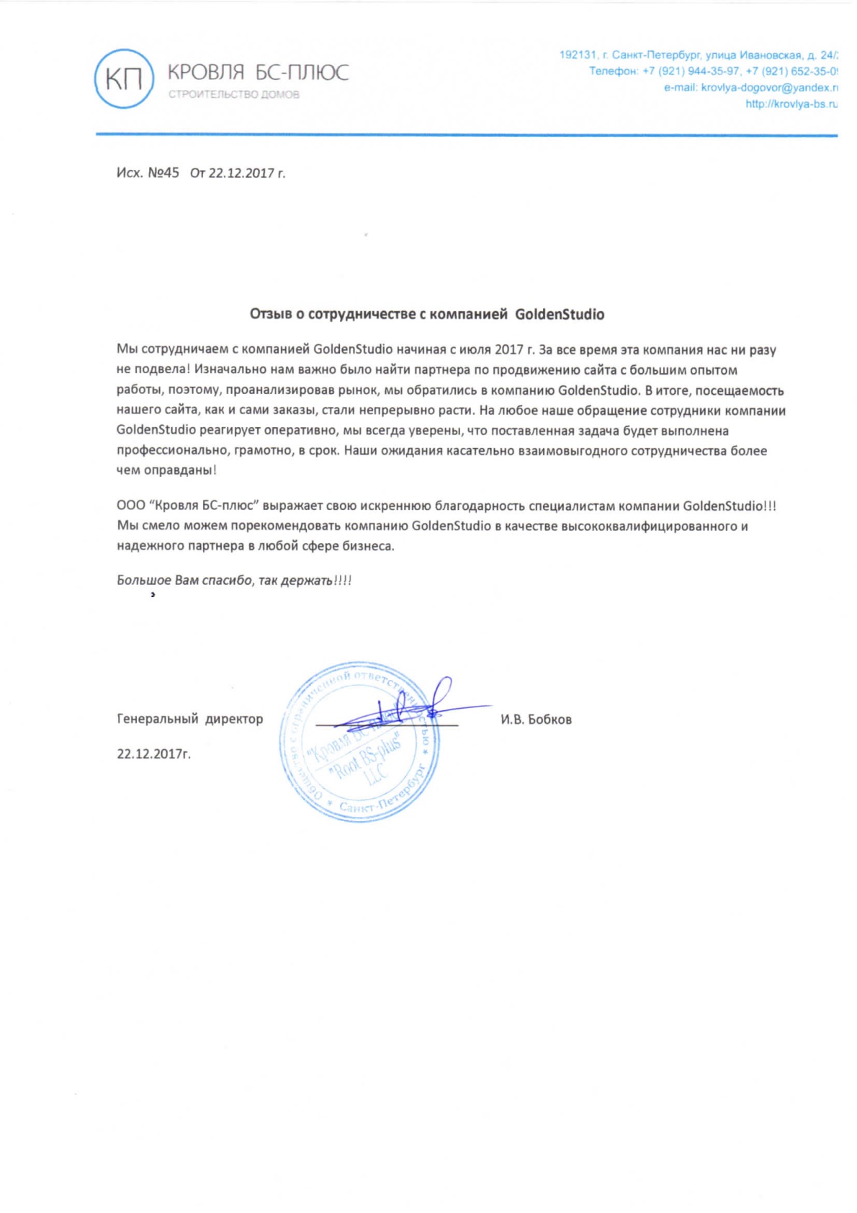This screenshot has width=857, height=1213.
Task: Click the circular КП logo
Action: pos(124,79)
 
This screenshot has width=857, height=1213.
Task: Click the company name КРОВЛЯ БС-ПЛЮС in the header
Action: pos(258,72)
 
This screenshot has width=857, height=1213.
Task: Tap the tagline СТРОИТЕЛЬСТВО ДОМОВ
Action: pos(234,94)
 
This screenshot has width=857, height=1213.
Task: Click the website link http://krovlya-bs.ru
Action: pos(791,104)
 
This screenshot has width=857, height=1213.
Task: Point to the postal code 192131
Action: pos(578,55)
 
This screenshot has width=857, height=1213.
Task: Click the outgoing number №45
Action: pos(163,173)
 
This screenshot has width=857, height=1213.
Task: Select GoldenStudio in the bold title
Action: pos(560,314)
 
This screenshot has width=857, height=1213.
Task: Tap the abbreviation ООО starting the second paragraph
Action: pos(131,506)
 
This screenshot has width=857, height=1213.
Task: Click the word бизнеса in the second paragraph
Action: pos(370,546)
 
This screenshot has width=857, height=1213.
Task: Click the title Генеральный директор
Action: pos(190,719)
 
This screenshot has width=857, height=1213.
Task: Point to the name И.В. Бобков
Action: pos(536,720)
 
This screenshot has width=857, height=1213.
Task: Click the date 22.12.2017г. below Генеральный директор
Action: pos(154,754)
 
